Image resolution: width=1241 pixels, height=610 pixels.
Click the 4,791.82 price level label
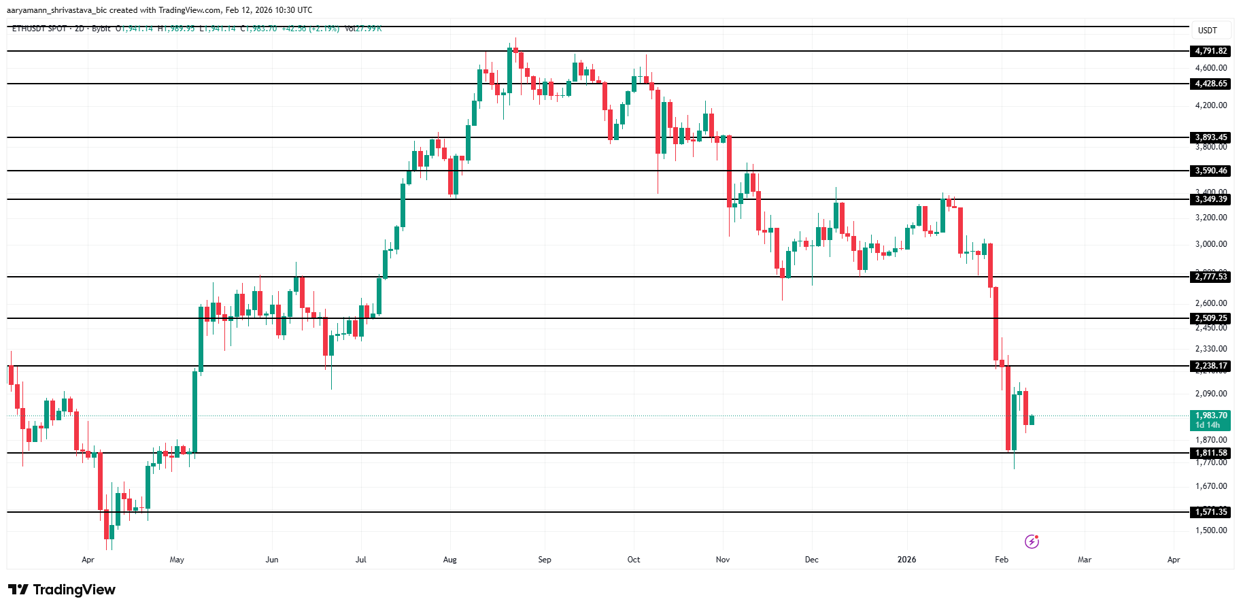click(1211, 51)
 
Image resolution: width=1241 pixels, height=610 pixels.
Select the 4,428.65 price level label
click(1211, 84)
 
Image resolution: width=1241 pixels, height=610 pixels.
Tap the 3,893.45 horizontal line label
click(1211, 137)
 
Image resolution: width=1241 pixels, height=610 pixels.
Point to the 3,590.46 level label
click(1211, 171)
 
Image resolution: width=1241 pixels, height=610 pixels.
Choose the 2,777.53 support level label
click(1211, 277)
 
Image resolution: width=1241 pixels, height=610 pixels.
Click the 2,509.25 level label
click(1211, 318)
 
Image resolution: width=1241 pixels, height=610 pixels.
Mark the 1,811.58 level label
click(1211, 453)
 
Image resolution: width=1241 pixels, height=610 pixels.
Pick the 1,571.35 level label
click(1211, 512)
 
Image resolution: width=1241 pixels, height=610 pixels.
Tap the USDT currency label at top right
click(1207, 31)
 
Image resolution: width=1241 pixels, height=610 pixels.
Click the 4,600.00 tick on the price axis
click(1211, 68)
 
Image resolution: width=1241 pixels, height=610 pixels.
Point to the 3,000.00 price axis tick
click(1211, 244)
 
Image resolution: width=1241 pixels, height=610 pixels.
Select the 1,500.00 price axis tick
click(1211, 530)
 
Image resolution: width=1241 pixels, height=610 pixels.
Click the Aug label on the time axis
click(449, 560)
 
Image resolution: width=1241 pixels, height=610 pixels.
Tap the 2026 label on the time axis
click(906, 560)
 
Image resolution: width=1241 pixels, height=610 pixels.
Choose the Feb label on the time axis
click(1001, 560)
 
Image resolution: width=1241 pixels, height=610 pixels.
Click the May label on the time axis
click(177, 560)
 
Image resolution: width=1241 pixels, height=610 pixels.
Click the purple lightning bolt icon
click(1032, 541)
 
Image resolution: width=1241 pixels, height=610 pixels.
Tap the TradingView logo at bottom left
click(62, 590)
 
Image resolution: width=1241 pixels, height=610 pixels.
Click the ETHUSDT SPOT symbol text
click(39, 29)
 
